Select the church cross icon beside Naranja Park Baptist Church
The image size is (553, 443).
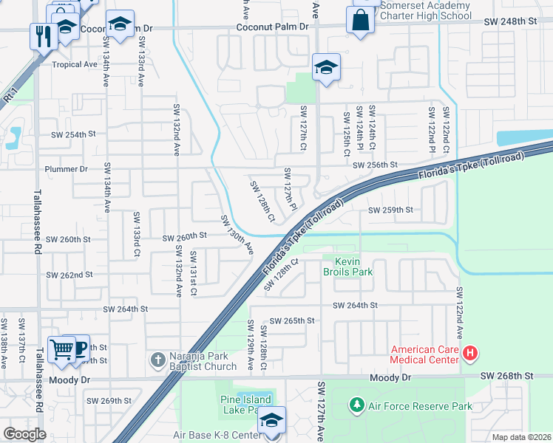click(x=157, y=360)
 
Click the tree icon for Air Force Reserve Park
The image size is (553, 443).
click(x=357, y=405)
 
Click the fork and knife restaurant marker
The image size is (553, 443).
click(x=41, y=35)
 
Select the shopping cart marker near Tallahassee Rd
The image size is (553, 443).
click(x=61, y=348)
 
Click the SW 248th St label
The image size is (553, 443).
click(x=510, y=22)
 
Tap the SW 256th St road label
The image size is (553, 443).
click(x=375, y=165)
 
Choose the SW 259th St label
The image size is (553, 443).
click(x=390, y=210)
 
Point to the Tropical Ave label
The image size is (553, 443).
click(x=75, y=64)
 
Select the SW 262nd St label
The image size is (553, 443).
click(x=69, y=275)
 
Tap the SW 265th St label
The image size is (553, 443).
click(x=292, y=321)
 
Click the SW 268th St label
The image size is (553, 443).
click(x=506, y=376)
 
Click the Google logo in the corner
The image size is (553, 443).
click(x=24, y=433)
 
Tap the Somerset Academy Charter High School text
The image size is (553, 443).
click(x=425, y=10)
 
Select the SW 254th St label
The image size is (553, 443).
click(x=73, y=134)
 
